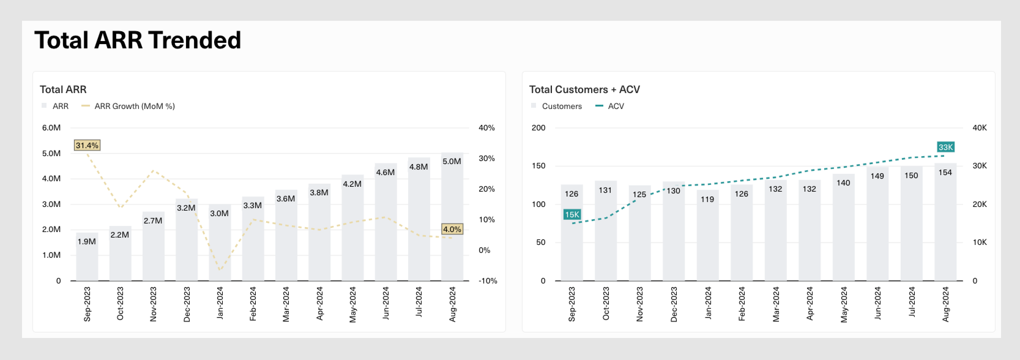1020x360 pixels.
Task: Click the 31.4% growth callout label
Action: point(87,145)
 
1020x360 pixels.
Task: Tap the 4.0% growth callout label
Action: point(452,229)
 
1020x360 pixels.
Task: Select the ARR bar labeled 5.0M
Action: point(452,218)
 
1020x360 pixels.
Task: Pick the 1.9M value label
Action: point(86,241)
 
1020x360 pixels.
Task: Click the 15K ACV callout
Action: point(572,214)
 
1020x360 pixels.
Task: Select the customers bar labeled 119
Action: point(707,238)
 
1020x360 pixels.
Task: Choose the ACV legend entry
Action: point(615,106)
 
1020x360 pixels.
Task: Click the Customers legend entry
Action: point(561,106)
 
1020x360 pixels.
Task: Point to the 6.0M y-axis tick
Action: point(51,128)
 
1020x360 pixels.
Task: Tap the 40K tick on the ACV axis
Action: point(979,128)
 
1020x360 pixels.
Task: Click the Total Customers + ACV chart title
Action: point(584,89)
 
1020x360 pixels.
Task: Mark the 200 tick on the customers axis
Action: point(538,128)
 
